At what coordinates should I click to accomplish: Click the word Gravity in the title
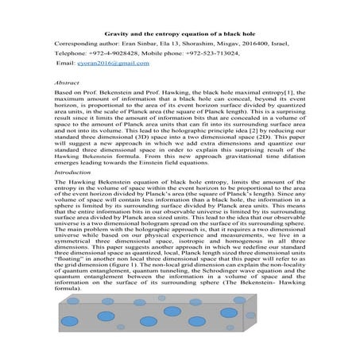tap(117, 35)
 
